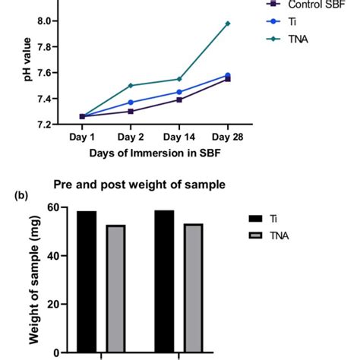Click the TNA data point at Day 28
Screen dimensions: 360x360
(228, 24)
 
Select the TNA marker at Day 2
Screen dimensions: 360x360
(131, 85)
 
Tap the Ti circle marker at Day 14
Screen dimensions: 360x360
(179, 92)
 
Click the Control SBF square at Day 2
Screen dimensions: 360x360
(131, 111)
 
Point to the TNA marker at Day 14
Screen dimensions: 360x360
(179, 79)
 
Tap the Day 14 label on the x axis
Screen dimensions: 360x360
(179, 137)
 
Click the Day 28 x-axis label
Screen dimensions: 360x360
(228, 137)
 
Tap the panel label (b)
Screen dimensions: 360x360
(11, 194)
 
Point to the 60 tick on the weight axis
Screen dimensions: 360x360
(55, 207)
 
